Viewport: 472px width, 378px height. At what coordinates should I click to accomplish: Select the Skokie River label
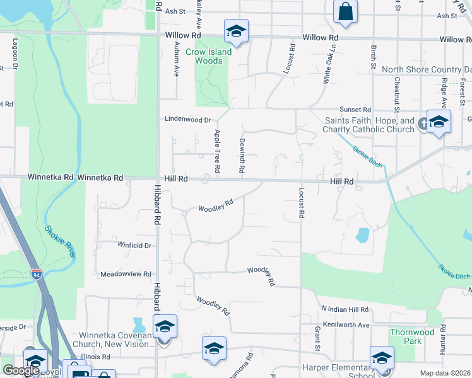61,241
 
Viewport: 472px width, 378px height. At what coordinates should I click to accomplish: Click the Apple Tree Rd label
217,151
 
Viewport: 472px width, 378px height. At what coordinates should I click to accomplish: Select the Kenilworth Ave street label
345,324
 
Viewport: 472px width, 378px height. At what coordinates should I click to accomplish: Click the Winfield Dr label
134,245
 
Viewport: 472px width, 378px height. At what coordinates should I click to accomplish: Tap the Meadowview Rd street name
126,274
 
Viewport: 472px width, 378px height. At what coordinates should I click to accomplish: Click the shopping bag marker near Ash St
345,11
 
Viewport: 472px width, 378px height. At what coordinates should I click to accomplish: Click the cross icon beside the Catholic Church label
423,126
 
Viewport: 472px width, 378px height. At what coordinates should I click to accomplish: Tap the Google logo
21,370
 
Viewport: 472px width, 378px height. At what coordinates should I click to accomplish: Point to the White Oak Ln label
327,68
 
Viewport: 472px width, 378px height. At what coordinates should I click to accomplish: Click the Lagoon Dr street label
15,55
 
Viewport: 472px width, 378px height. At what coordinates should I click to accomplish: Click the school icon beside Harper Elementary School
382,358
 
